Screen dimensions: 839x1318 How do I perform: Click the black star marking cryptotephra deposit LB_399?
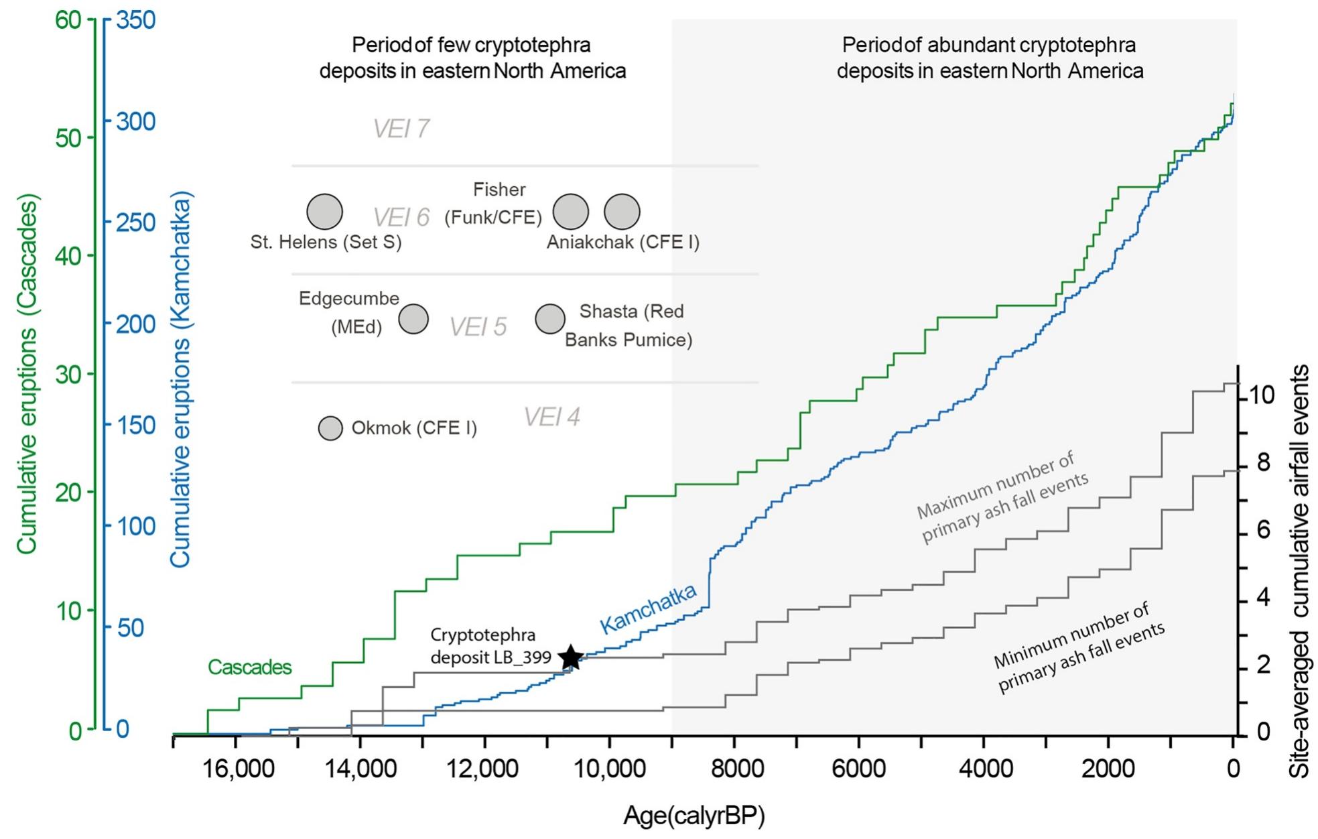[x=570, y=657]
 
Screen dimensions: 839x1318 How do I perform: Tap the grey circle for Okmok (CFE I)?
[x=330, y=428]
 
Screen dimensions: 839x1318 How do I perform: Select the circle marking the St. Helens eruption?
[x=325, y=212]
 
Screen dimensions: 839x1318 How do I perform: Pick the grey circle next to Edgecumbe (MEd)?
[x=413, y=319]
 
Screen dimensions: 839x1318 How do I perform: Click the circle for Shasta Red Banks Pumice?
[x=550, y=319]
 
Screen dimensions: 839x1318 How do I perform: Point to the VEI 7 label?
[x=401, y=129]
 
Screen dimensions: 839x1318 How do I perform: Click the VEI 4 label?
[x=551, y=417]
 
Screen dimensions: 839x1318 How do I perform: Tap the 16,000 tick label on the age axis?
[x=236, y=769]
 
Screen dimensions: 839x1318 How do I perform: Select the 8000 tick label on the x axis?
[x=734, y=769]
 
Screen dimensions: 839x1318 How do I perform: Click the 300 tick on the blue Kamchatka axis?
[x=136, y=122]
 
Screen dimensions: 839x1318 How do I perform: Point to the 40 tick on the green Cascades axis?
[x=68, y=256]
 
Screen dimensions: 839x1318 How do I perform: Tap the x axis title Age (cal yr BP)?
[x=694, y=816]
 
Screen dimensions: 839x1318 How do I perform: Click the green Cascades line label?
[x=249, y=667]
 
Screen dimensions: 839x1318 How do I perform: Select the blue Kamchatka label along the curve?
[x=648, y=608]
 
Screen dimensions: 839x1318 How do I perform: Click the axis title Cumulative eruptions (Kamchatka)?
[x=180, y=379]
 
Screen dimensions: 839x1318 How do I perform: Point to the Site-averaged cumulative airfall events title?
[x=1301, y=571]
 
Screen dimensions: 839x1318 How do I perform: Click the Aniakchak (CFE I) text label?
[x=622, y=243]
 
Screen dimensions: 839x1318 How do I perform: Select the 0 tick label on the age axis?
[x=1233, y=769]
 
